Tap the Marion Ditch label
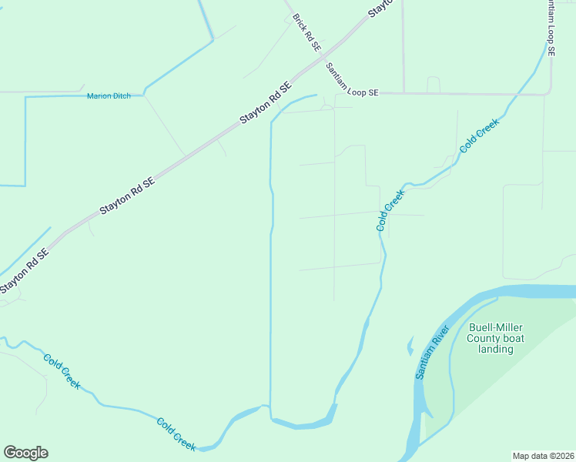(109, 96)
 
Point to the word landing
(496, 349)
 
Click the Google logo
(25, 453)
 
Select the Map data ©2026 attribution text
(543, 455)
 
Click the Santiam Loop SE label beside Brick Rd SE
(352, 80)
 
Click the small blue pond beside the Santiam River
(410, 346)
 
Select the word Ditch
(122, 96)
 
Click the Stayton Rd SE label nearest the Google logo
(25, 270)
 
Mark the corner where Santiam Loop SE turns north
(548, 93)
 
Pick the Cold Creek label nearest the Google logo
(176, 433)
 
